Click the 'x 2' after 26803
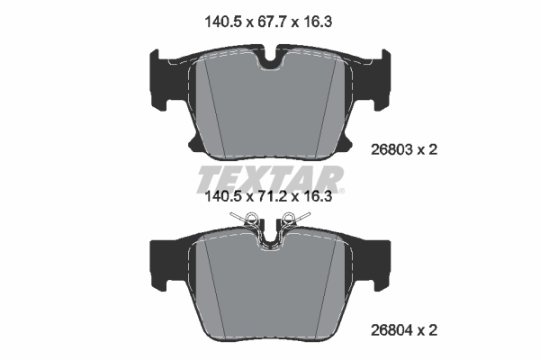coord(428,150)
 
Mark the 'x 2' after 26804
coord(428,331)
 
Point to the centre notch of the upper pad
coord(269,60)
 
